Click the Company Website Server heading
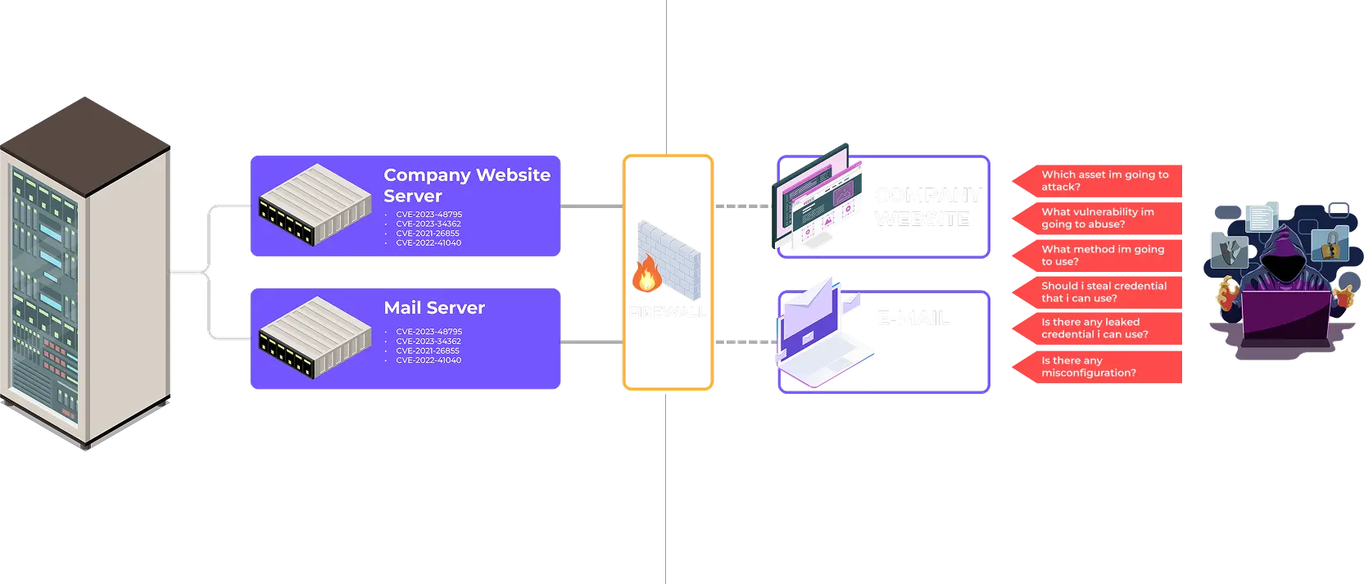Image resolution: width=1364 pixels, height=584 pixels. click(466, 185)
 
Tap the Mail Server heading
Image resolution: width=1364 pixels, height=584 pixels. click(434, 308)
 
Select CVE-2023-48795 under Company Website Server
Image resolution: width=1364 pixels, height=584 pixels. click(428, 215)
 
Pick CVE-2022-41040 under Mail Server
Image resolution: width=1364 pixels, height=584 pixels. click(428, 360)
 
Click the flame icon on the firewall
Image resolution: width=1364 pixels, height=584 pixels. click(647, 275)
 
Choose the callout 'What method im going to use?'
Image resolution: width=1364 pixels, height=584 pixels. click(1102, 255)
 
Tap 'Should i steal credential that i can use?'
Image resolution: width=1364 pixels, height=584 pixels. click(1103, 292)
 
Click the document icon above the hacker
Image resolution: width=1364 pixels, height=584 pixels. click(1261, 217)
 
